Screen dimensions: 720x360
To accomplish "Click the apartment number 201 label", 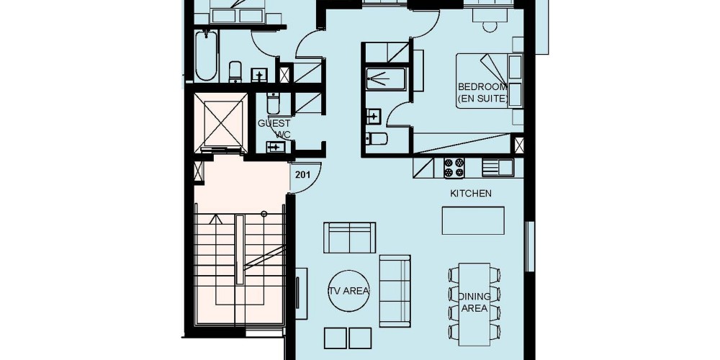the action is [302, 174].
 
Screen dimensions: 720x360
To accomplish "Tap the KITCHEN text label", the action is [471, 193].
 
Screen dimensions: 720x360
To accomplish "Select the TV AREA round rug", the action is [349, 291].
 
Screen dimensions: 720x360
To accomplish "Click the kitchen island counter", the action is [473, 220].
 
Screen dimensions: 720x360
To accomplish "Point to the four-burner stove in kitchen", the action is [454, 168].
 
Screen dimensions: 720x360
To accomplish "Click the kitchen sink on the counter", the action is [498, 168].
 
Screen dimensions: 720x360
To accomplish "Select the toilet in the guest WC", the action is [273, 103].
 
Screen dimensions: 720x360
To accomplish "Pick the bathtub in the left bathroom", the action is [206, 55].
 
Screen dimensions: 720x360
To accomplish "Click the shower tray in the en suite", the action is [386, 78].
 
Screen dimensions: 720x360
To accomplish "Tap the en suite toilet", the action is [377, 138].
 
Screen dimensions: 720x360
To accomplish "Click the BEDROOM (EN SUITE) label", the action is [482, 92].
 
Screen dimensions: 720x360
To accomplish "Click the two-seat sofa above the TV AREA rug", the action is [349, 238].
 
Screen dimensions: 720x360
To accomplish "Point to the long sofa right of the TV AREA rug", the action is [395, 291].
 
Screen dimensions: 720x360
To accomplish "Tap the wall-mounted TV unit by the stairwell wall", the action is [301, 294].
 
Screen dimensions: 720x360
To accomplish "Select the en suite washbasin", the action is [373, 117].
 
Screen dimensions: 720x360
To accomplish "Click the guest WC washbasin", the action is [276, 147].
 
